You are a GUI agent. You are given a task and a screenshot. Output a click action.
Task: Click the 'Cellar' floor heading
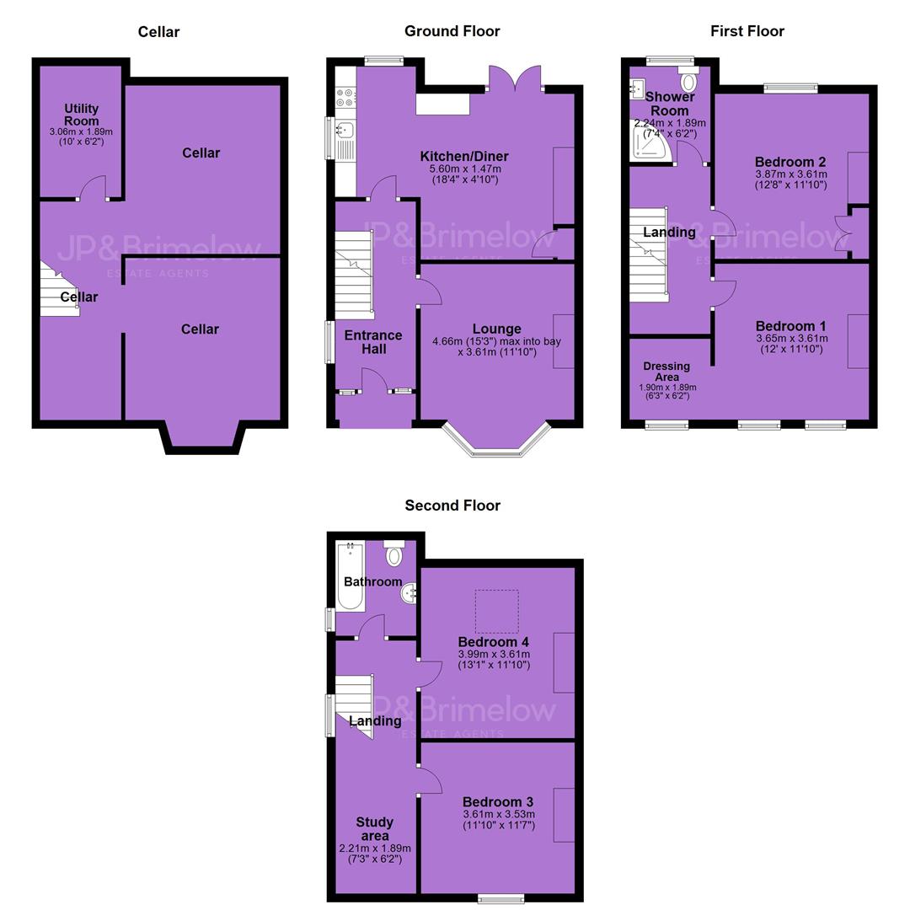[158, 32]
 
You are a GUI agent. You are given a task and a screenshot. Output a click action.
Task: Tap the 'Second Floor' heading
[452, 506]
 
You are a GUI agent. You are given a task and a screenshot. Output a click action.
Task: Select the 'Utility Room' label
[81, 115]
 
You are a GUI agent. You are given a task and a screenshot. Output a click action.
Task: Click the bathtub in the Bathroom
[351, 575]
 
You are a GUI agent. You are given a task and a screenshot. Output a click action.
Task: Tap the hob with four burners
[345, 97]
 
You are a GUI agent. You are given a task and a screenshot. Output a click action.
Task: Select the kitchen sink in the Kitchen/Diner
[345, 139]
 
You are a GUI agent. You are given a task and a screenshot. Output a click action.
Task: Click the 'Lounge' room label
[497, 329]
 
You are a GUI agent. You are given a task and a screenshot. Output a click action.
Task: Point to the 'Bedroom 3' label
[498, 802]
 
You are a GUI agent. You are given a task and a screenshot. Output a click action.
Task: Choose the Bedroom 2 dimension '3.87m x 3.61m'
[791, 174]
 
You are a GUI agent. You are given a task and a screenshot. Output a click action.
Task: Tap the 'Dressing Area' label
[666, 372]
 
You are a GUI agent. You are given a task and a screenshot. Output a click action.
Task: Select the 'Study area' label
[375, 829]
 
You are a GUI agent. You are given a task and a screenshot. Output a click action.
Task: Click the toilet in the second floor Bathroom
[394, 553]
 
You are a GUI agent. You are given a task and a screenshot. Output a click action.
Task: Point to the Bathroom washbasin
[409, 593]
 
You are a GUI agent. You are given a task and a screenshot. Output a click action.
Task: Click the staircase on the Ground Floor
[354, 275]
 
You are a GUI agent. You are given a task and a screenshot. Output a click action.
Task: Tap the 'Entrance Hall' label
[374, 342]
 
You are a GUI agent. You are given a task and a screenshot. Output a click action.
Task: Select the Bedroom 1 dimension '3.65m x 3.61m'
[791, 339]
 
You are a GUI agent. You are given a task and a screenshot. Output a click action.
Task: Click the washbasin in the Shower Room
[637, 90]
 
